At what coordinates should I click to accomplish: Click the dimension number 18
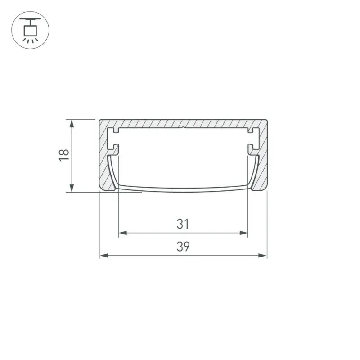pos(64,155)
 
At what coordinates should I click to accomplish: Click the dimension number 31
pos(183,224)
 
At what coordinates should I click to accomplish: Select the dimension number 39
pos(183,246)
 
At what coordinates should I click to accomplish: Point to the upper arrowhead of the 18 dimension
pos(72,123)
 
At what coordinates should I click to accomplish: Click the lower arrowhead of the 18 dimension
pos(72,188)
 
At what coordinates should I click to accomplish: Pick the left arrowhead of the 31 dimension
pos(123,233)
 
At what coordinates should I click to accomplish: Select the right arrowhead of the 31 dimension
pos(243,233)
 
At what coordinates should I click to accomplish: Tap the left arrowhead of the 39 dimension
pos(104,256)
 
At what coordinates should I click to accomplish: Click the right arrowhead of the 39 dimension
pos(263,256)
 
